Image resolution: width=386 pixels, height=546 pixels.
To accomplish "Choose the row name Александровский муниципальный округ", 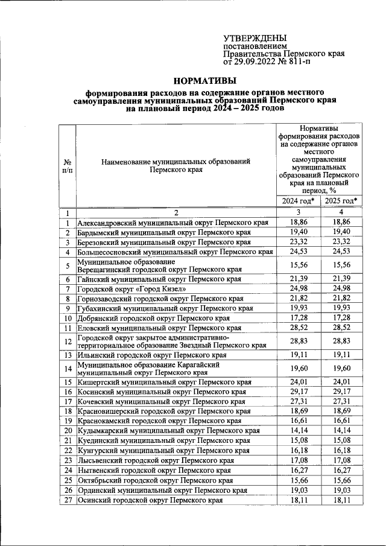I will [172, 223].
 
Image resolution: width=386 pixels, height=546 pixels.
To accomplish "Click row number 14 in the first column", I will [68, 369].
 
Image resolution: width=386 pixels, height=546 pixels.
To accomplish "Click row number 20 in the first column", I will [68, 431].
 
